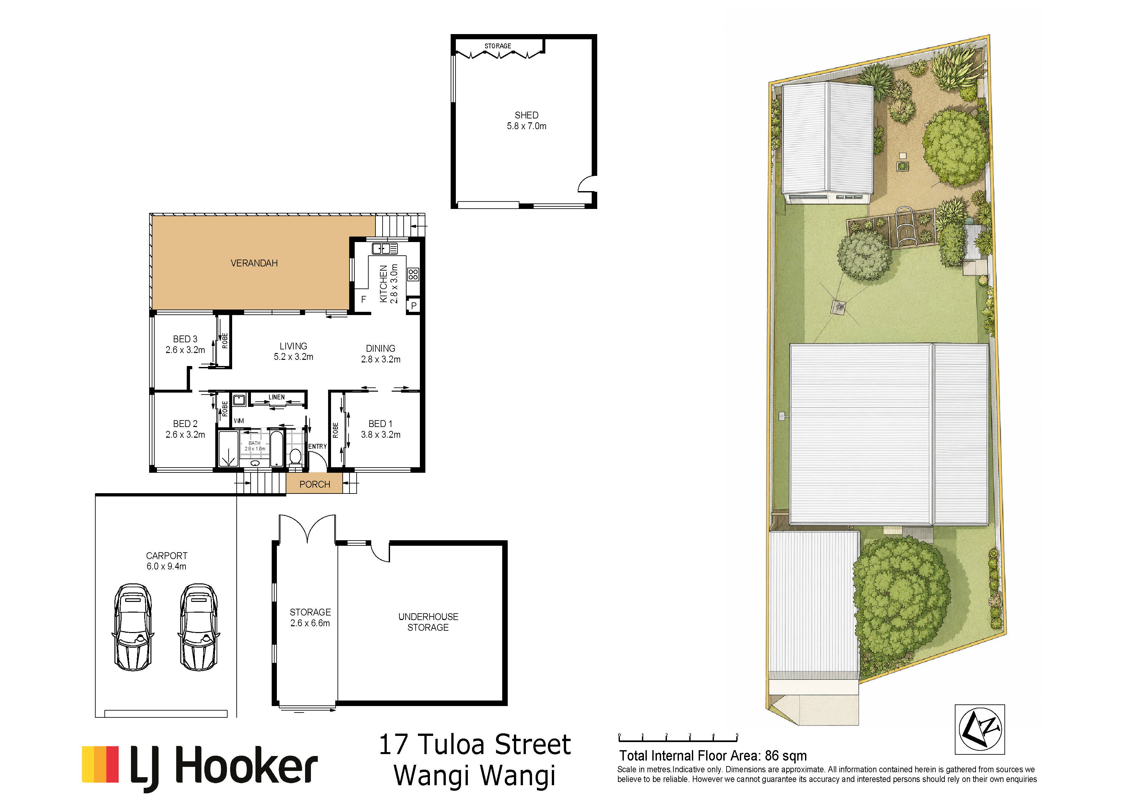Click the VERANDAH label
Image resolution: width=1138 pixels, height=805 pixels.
click(254, 263)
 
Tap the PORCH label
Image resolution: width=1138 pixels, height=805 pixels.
click(315, 484)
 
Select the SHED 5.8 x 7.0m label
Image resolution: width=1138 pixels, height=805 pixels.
click(527, 120)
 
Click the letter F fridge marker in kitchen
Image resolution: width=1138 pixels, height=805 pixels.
click(363, 299)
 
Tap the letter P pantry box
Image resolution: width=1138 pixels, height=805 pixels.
click(414, 306)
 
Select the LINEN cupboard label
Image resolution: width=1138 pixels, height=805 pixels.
click(277, 397)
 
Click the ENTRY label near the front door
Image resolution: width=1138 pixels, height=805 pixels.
click(318, 446)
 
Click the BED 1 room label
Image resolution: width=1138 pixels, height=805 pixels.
click(381, 429)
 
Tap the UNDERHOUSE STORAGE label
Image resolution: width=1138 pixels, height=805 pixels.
click(428, 622)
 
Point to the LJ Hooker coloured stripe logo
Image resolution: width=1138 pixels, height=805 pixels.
click(100, 764)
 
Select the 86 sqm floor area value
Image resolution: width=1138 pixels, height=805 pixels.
click(786, 756)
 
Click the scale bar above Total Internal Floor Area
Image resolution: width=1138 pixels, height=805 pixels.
click(678, 738)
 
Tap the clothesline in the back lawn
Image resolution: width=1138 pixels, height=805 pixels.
click(838, 307)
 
